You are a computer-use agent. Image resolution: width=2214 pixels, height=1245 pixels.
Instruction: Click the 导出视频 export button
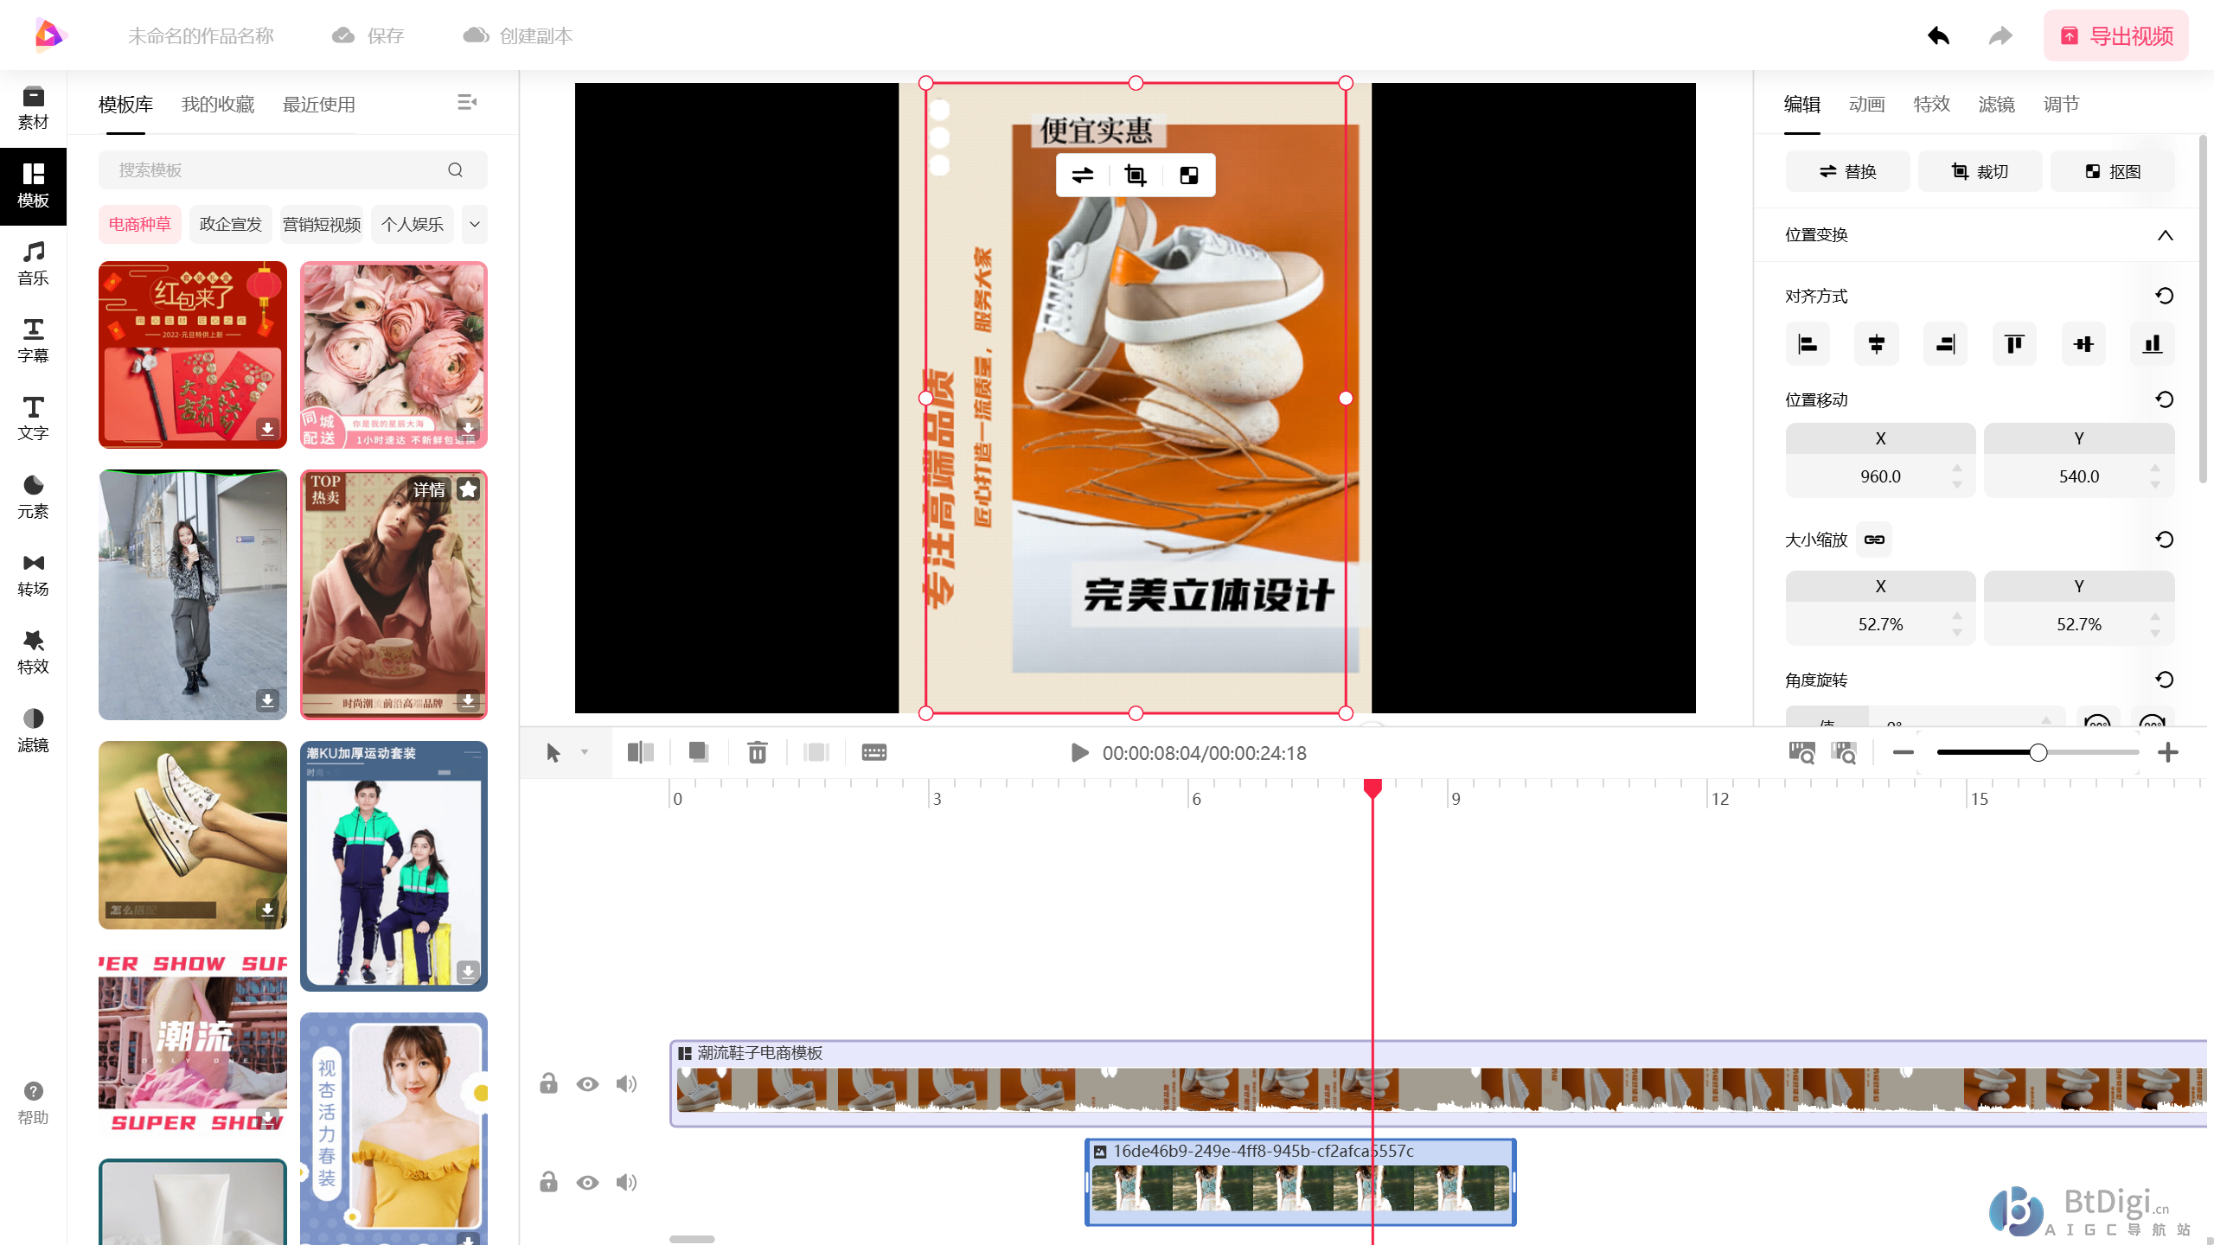pyautogui.click(x=2115, y=36)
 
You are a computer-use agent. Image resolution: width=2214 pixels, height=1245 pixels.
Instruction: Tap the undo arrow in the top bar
pyautogui.click(x=1938, y=36)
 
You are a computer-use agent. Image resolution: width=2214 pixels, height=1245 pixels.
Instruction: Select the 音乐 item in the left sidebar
pyautogui.click(x=33, y=263)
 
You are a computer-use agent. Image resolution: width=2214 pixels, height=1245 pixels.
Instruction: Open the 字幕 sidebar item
pyautogui.click(x=33, y=341)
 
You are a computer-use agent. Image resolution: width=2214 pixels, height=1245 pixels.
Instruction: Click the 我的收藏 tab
pyautogui.click(x=218, y=105)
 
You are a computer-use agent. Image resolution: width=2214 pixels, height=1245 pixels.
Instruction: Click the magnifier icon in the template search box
pyautogui.click(x=456, y=170)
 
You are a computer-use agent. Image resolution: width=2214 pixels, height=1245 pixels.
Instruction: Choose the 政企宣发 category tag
pyautogui.click(x=230, y=225)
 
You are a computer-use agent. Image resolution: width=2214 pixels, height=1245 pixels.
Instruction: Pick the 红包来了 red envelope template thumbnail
pyautogui.click(x=192, y=354)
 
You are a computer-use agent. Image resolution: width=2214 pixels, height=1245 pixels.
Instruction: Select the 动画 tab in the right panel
pyautogui.click(x=1866, y=105)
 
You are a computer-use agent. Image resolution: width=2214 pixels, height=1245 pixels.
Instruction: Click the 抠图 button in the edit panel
pyautogui.click(x=2112, y=172)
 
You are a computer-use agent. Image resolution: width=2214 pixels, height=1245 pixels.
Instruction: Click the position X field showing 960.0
pyautogui.click(x=1880, y=476)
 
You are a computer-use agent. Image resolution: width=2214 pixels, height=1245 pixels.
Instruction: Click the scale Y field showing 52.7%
pyautogui.click(x=2078, y=624)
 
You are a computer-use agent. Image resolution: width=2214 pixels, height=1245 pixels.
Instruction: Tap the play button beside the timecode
pyautogui.click(x=1079, y=753)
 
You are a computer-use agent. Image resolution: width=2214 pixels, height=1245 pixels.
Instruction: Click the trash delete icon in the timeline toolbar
pyautogui.click(x=758, y=753)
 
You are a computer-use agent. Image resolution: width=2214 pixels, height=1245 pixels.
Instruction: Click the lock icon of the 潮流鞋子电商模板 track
pyautogui.click(x=548, y=1084)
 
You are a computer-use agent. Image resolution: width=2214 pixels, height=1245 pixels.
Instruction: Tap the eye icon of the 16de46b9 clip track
pyautogui.click(x=587, y=1182)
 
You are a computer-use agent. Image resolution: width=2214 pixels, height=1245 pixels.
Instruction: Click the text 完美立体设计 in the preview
pyautogui.click(x=1207, y=595)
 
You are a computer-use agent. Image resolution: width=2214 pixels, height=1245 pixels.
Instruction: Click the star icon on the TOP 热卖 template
pyautogui.click(x=469, y=490)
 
